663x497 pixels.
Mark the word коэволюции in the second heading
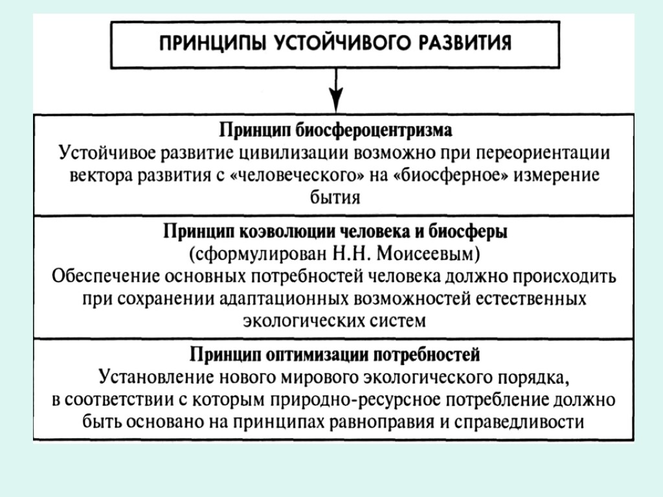[x=287, y=231]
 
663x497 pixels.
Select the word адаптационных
[x=287, y=298]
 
